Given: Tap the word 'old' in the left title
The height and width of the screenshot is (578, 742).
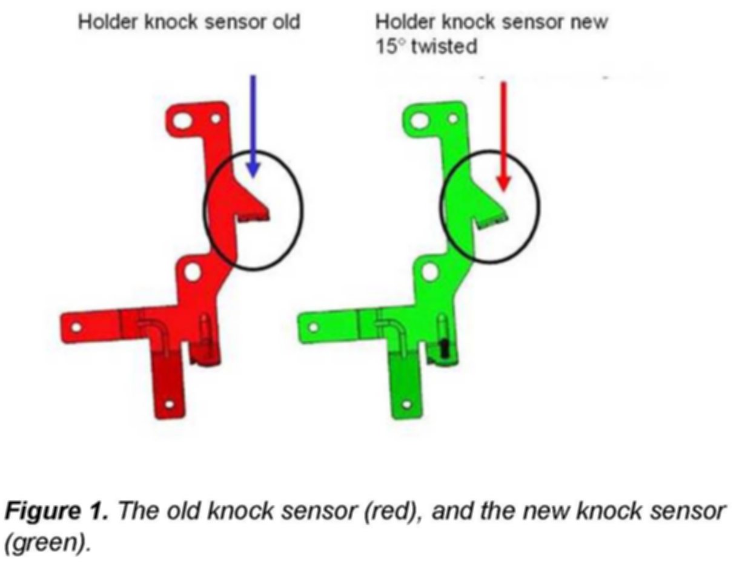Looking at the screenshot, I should [x=287, y=22].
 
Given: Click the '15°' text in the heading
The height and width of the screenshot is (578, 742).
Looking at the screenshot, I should [x=391, y=46].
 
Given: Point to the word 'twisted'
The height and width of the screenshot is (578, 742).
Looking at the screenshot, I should [x=445, y=46].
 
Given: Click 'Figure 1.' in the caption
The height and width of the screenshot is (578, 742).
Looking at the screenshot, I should [x=56, y=512].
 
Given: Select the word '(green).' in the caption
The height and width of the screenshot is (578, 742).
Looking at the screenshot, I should [x=47, y=543].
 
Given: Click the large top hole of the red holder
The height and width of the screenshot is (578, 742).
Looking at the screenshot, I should [x=183, y=121].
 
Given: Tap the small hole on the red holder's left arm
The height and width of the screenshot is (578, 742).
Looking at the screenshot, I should [x=76, y=327].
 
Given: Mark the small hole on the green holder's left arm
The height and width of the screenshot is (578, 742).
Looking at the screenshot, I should [x=313, y=327].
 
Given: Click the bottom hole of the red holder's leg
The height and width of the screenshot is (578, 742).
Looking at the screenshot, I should [x=170, y=404].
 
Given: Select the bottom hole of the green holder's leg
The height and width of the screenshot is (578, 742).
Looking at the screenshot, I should [x=406, y=404].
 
